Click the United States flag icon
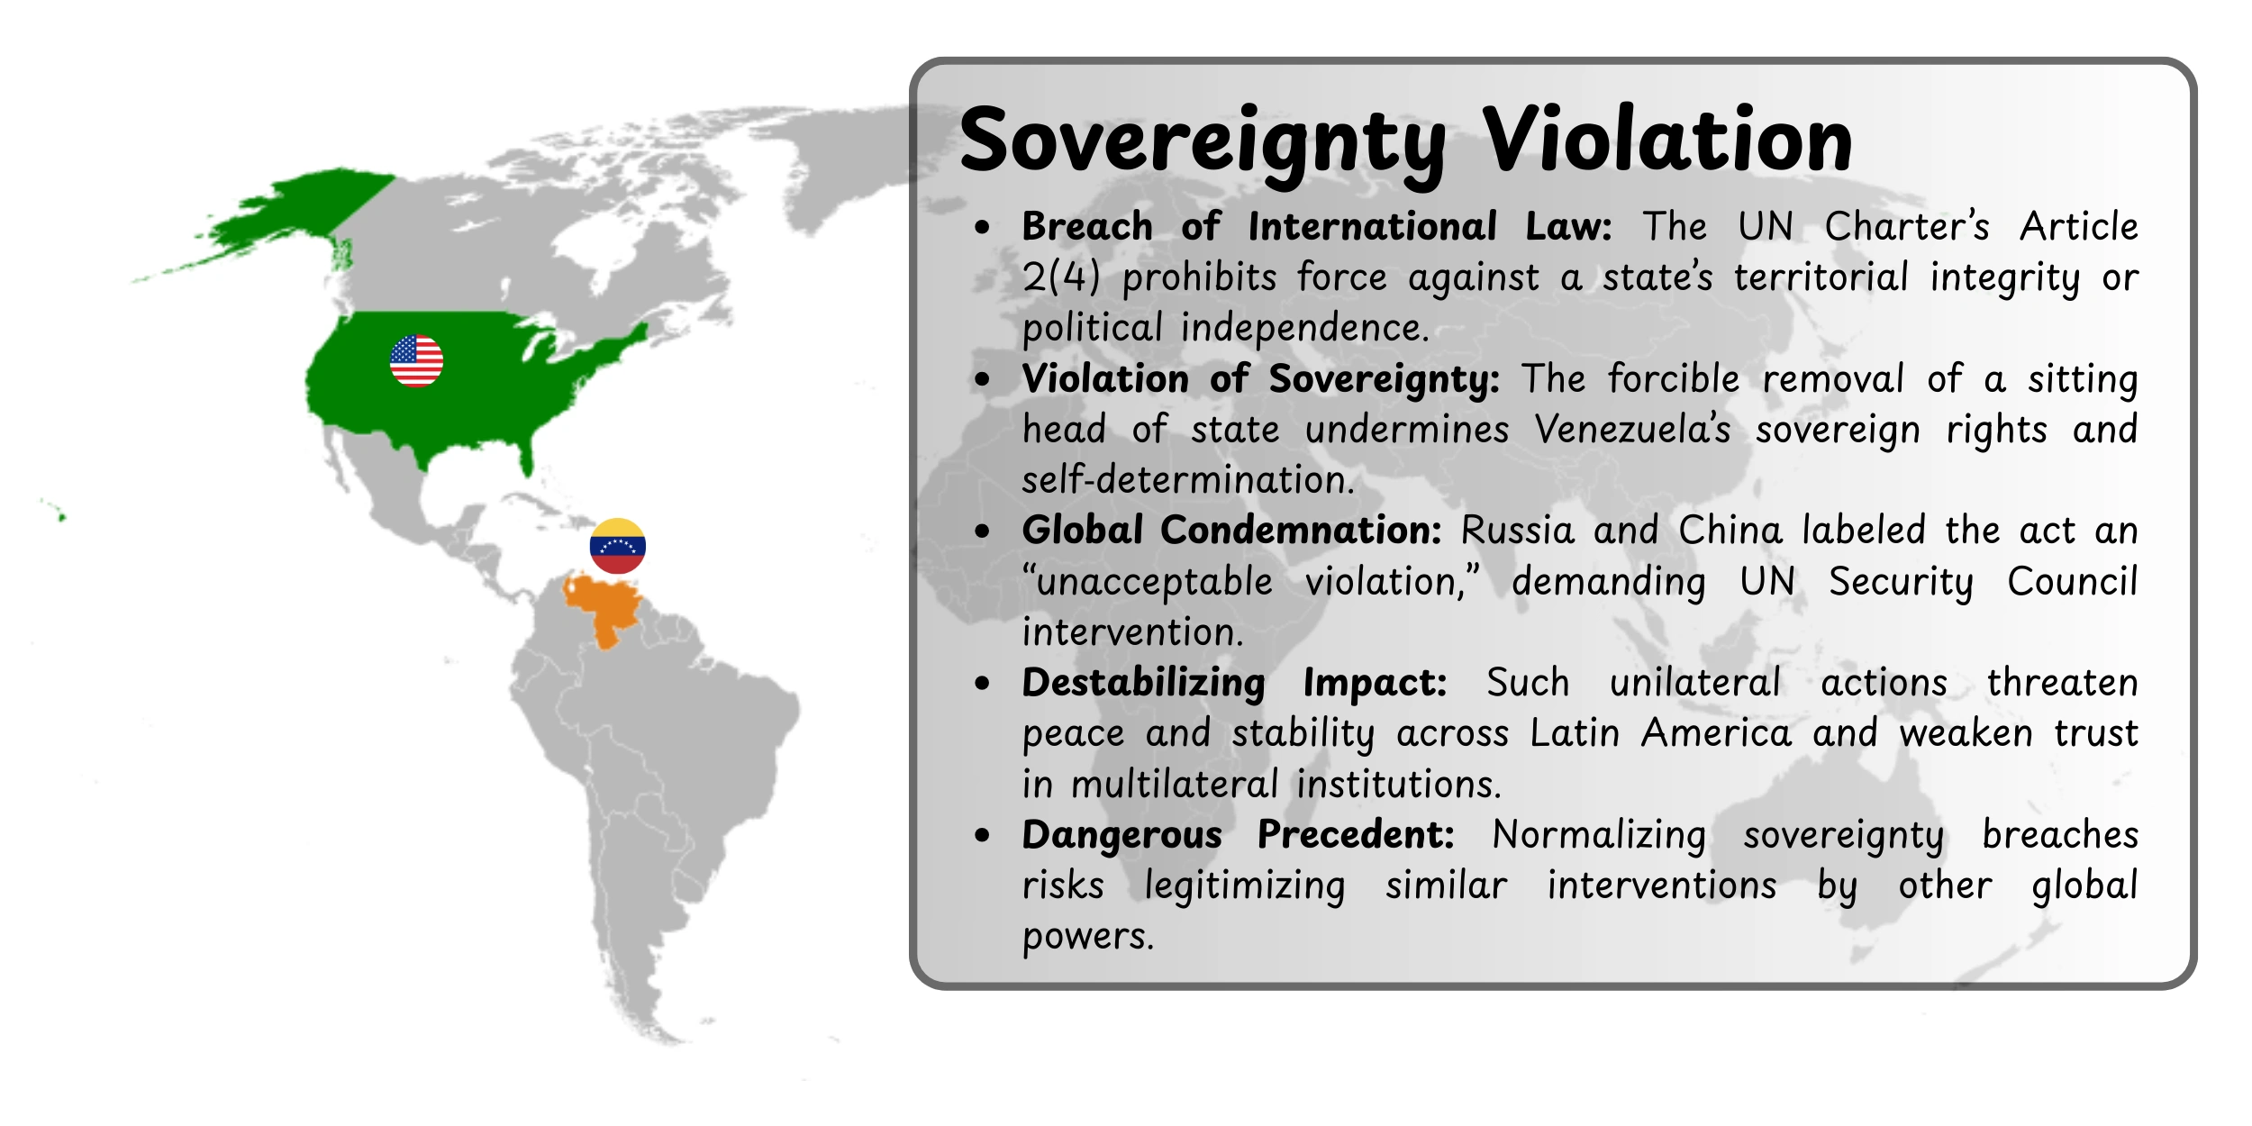click(x=416, y=360)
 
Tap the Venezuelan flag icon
click(x=617, y=546)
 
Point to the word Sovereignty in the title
click(x=1203, y=142)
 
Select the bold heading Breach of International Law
click(x=1316, y=226)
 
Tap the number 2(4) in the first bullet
click(x=1061, y=277)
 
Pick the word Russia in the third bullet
click(x=1517, y=531)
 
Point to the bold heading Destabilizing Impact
click(x=1234, y=683)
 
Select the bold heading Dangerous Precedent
click(x=1238, y=835)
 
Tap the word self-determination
click(x=1188, y=480)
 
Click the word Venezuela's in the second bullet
click(x=1632, y=430)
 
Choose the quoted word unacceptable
click(x=1149, y=582)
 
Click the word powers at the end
click(x=1087, y=937)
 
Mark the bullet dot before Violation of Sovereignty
click(x=982, y=379)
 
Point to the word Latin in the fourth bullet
click(x=1575, y=733)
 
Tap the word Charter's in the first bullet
click(x=1907, y=226)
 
